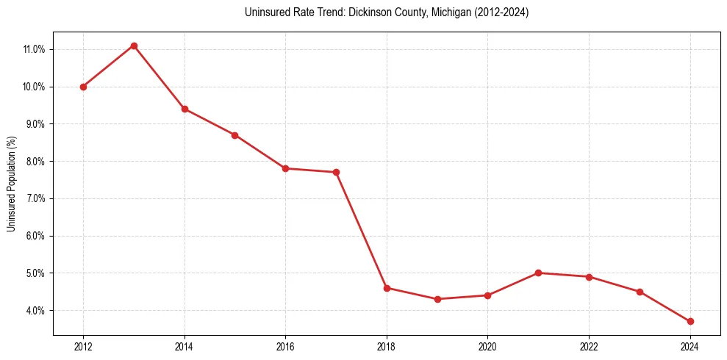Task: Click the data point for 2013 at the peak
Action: coord(134,46)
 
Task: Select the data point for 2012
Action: coord(83,87)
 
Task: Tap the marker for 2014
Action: coord(185,109)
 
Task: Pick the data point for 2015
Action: coord(234,135)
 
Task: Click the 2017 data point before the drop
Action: coord(336,172)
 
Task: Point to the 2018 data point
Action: coord(387,288)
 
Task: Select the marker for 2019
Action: coord(437,299)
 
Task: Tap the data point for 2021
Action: coord(538,273)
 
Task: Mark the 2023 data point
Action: coord(640,292)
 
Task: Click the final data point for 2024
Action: coord(690,321)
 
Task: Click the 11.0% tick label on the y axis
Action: coord(34,49)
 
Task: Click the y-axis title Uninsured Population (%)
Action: coord(11,184)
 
